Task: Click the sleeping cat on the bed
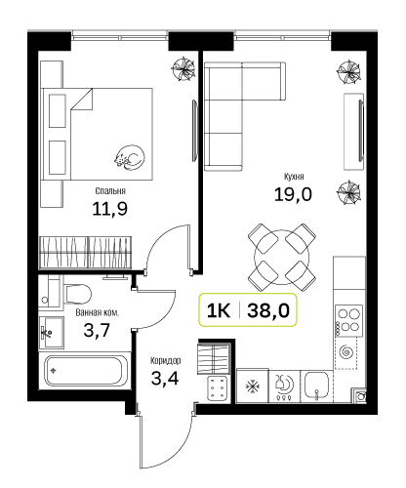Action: (129, 157)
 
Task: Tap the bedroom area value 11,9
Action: (110, 209)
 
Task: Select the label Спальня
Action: (110, 191)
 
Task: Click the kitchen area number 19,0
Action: (293, 194)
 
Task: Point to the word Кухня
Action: (294, 177)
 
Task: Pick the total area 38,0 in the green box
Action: (268, 310)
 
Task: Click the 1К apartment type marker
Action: (219, 310)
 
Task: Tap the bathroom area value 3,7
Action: (97, 331)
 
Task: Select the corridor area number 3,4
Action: (165, 378)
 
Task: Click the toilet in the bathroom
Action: (77, 295)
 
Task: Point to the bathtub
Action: (84, 371)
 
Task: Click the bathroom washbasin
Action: (52, 333)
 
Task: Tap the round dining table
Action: (282, 257)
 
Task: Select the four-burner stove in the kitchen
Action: (349, 320)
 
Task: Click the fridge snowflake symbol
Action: (253, 386)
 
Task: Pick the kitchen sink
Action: (316, 386)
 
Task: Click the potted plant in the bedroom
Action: (183, 68)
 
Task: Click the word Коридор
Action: (165, 360)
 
